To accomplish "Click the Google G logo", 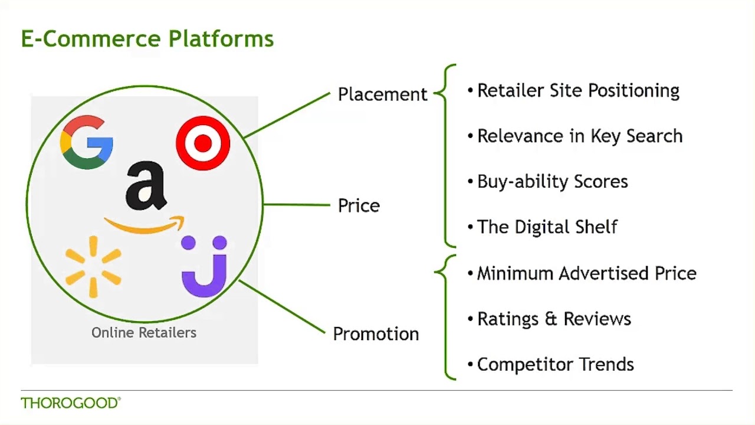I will (x=87, y=142).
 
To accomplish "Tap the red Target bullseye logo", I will (x=203, y=143).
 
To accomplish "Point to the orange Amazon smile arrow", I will (x=145, y=225).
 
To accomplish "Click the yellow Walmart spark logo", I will (x=93, y=266).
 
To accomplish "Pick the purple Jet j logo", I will (x=204, y=267).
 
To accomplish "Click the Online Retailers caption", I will (x=143, y=333).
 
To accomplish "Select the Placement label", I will (x=382, y=94).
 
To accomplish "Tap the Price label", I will (x=359, y=205).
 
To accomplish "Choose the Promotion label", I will (x=376, y=334).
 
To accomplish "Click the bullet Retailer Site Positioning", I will (x=578, y=91).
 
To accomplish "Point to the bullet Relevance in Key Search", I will (x=579, y=136).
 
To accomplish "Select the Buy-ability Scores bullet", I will (x=552, y=182).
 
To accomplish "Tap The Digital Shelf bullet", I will (x=547, y=227).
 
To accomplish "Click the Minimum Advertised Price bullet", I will (x=586, y=273).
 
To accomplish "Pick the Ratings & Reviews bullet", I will (x=554, y=319).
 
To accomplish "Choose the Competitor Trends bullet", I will (x=555, y=364).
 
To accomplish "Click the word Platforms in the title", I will (x=221, y=39).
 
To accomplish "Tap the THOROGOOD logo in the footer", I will (x=70, y=403).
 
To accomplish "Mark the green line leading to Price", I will (x=296, y=205).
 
